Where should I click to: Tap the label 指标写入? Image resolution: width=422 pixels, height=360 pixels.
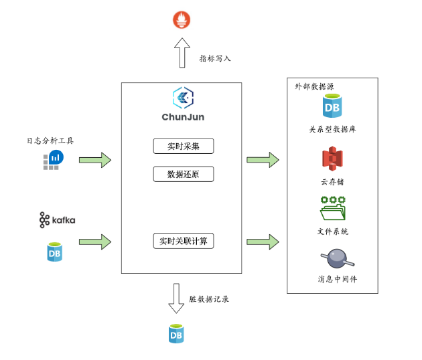point(215,58)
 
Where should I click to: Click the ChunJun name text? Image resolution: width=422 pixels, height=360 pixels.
point(182,117)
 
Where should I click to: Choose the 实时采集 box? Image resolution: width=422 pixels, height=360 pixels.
point(183,146)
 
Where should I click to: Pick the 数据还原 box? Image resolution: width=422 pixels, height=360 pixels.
point(183,175)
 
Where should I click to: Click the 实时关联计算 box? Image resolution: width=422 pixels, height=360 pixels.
point(183,240)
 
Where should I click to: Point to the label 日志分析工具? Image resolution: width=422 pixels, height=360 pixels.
point(50,141)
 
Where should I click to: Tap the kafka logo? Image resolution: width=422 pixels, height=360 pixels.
point(57,219)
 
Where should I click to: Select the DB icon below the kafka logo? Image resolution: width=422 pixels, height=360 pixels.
point(54,252)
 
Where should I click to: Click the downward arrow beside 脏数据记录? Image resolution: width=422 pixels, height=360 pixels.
point(175,298)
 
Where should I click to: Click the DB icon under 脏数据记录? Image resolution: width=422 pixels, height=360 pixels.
point(176,333)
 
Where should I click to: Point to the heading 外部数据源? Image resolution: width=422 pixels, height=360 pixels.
point(315,87)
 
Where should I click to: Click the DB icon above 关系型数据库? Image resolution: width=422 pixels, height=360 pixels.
point(331,106)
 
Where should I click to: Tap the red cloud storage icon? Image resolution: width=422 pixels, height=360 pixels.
point(332,159)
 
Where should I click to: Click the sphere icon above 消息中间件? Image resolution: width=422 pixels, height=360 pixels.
point(332,258)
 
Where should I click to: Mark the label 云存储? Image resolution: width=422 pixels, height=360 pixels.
point(332,181)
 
